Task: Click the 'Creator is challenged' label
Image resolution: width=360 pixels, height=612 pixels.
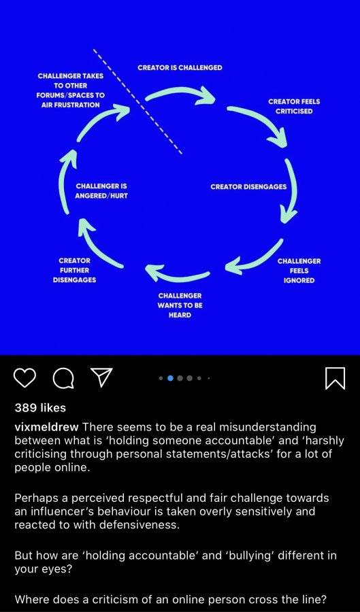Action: [x=180, y=67]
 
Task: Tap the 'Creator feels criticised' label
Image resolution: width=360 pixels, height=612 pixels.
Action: [x=294, y=106]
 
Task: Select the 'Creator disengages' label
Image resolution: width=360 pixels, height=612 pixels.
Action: [x=248, y=186]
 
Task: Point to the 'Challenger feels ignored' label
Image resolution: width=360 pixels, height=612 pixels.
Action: [x=299, y=271]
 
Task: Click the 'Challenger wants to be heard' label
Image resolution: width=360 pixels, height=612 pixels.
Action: [x=180, y=305]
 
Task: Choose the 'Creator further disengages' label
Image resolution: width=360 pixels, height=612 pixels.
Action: [x=75, y=270]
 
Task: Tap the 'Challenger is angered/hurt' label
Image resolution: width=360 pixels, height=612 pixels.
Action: [x=101, y=191]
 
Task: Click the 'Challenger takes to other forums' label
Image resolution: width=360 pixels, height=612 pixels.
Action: [x=71, y=90]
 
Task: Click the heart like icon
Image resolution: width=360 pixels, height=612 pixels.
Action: [x=25, y=377]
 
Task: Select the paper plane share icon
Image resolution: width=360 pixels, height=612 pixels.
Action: [x=101, y=377]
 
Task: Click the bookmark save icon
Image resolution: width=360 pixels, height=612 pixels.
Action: [x=335, y=378]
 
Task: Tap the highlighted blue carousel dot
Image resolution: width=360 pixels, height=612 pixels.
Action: [x=170, y=378]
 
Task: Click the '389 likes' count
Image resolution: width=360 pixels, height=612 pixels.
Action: [x=40, y=408]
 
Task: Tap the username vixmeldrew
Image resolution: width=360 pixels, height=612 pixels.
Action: [x=46, y=428]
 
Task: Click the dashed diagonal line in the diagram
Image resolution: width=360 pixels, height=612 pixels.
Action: [x=137, y=102]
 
